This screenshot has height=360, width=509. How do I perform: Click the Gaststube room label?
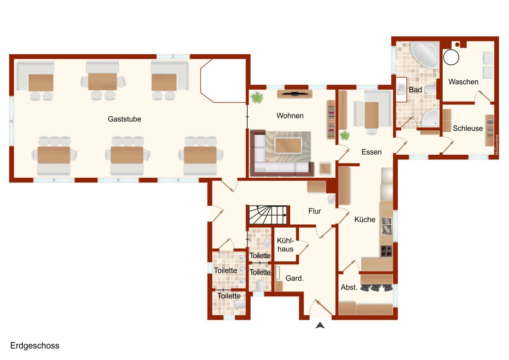124,119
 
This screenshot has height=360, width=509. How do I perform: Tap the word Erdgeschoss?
35,346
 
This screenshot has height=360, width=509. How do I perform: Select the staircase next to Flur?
268,215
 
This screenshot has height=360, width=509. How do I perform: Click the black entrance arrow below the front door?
320,325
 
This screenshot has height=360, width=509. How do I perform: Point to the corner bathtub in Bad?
424,54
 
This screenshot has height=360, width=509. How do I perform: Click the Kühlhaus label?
286,245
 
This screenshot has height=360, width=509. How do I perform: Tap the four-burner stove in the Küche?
387,251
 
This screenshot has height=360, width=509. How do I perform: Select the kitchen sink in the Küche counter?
387,226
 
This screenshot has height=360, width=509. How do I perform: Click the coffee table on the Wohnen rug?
288,145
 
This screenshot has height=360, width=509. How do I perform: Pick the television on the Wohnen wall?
295,94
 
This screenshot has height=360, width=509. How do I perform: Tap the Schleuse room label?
468,128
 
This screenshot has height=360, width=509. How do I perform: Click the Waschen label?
463,82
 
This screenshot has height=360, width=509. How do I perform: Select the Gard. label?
295,278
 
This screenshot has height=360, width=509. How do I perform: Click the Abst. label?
349,287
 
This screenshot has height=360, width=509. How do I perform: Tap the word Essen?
371,152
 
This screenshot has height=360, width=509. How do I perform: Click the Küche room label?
365,219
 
